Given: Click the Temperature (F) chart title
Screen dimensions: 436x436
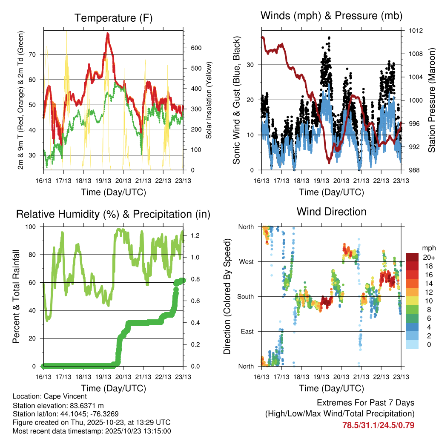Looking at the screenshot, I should (113, 18).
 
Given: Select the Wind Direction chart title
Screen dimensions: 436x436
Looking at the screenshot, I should (331, 211).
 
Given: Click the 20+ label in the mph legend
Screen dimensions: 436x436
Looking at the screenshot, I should (428, 257).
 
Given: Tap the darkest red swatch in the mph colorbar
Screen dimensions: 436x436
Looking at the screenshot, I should (412, 257).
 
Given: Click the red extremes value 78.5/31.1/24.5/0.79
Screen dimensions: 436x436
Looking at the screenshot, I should (378, 425).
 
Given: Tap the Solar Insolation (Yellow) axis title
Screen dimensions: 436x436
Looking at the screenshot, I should (209, 100).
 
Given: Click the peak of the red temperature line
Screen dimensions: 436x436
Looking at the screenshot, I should (108, 33).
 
